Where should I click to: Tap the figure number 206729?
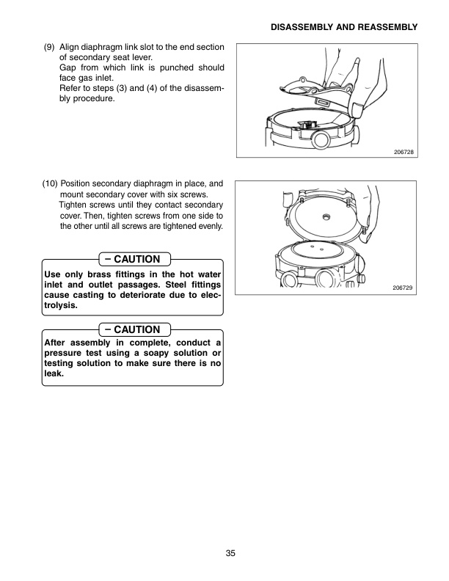[404, 288]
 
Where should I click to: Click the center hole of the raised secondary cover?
[324, 217]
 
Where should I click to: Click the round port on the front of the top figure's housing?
[320, 137]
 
